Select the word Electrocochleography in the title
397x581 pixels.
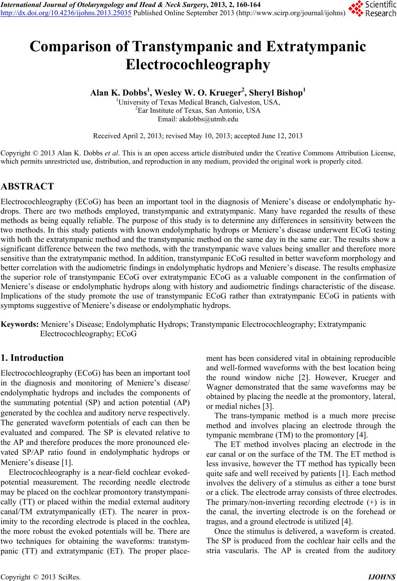(x=198, y=64)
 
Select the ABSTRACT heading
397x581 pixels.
(x=27, y=187)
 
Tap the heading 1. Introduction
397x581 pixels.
(x=32, y=358)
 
